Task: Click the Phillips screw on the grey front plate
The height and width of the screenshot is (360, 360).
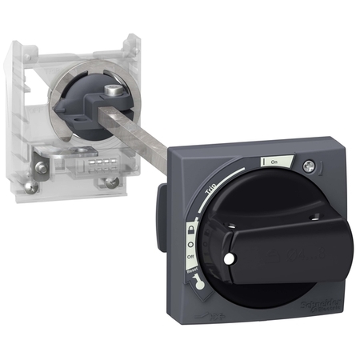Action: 308,165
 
